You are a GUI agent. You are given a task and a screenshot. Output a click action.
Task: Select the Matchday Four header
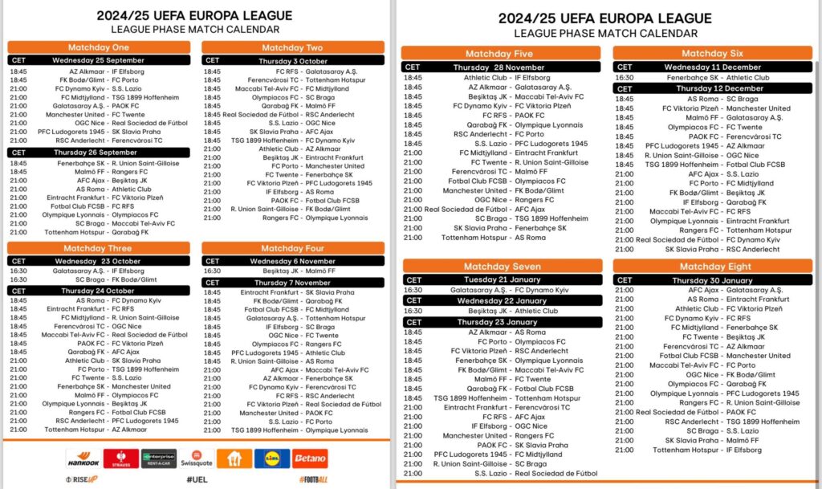click(x=293, y=248)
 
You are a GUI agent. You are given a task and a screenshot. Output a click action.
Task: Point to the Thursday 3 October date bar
click(x=293, y=60)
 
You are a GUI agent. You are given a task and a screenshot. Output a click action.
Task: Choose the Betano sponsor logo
click(x=309, y=458)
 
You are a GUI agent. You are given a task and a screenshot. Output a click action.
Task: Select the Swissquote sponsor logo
click(x=196, y=458)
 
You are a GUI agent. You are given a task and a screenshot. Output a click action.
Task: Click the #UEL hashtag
click(x=197, y=479)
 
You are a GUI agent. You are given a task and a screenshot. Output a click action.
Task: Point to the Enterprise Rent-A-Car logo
click(x=159, y=458)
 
